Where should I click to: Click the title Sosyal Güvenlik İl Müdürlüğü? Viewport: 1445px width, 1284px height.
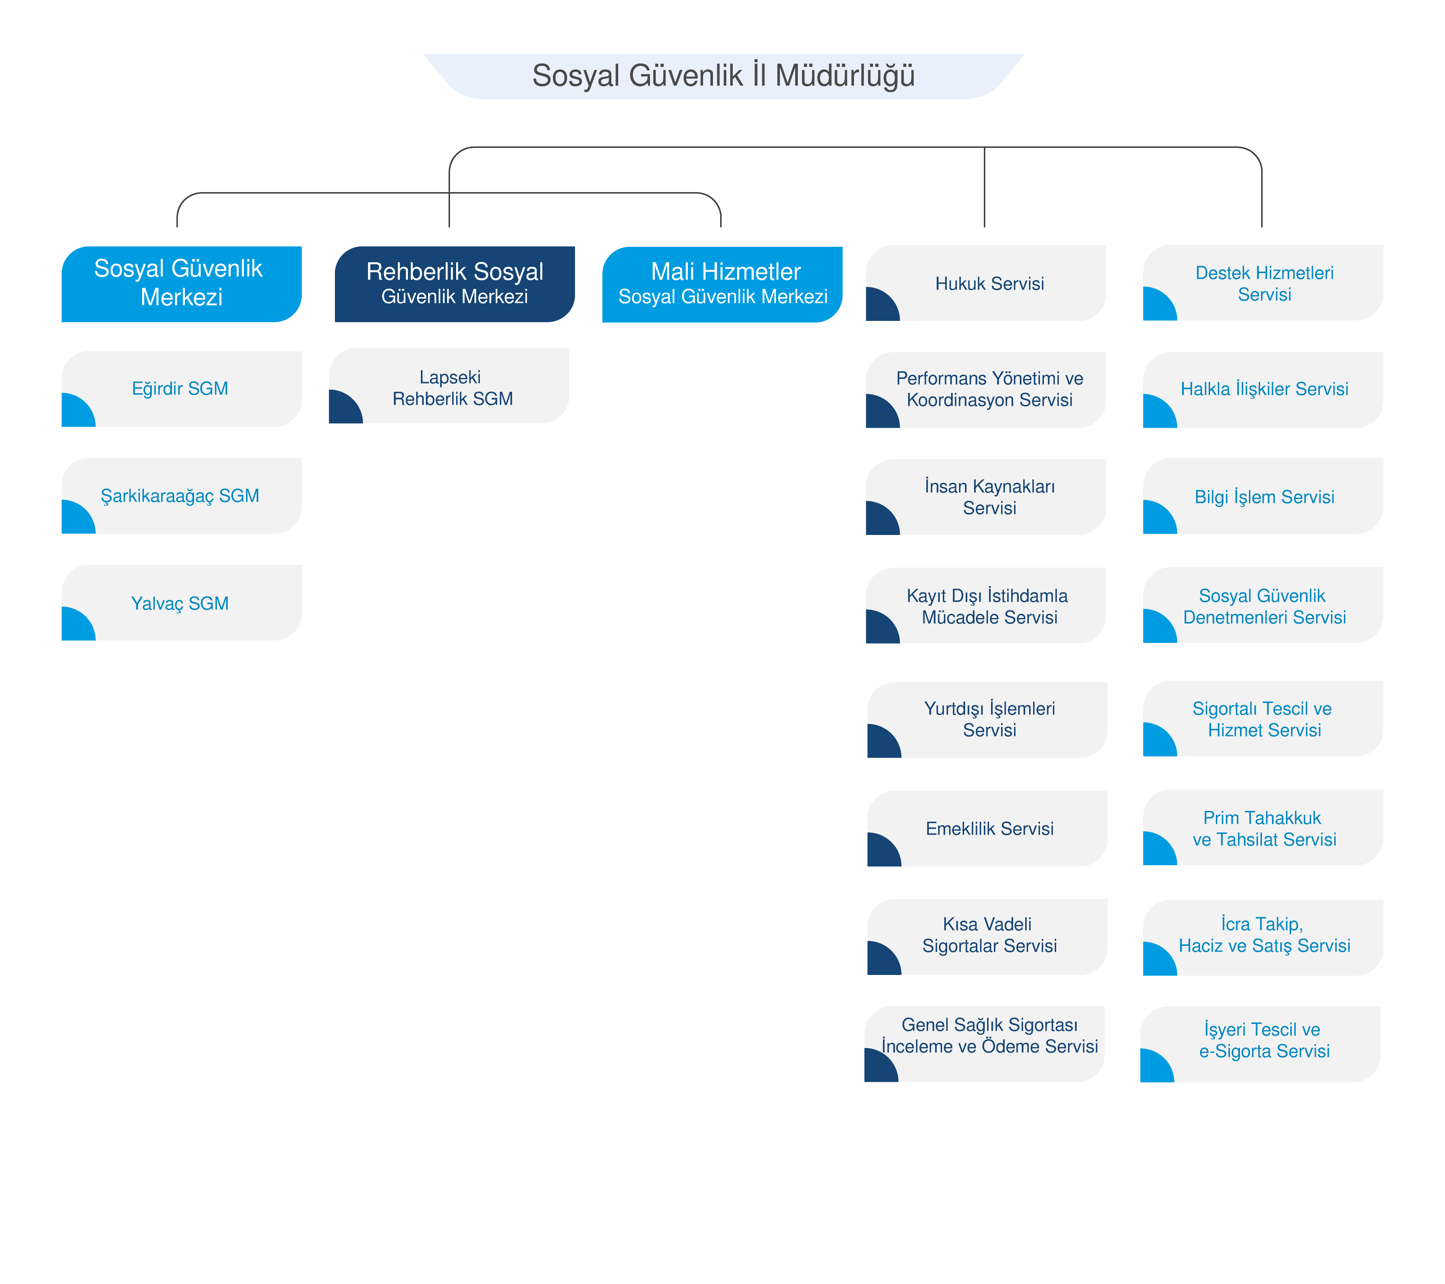(x=723, y=76)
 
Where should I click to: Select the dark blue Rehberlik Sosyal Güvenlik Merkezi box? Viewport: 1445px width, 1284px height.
(x=455, y=284)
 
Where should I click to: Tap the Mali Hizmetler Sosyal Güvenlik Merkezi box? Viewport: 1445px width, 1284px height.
(x=722, y=284)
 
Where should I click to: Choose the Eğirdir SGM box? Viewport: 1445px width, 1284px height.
(x=182, y=389)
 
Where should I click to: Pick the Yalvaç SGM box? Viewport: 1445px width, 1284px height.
(x=182, y=602)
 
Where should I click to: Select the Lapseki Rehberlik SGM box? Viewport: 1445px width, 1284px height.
(x=449, y=385)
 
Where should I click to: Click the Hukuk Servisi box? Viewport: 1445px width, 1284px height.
(x=986, y=283)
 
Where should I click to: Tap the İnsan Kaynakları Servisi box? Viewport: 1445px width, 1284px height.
(x=986, y=497)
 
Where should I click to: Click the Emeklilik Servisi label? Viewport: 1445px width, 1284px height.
(x=990, y=829)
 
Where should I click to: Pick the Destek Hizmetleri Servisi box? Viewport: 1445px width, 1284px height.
(x=1263, y=283)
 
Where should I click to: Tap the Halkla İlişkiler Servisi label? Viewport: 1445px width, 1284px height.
(x=1265, y=389)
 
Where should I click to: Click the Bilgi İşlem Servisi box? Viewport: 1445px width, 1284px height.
(x=1263, y=496)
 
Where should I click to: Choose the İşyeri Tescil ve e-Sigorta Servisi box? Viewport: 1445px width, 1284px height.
(x=1260, y=1044)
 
